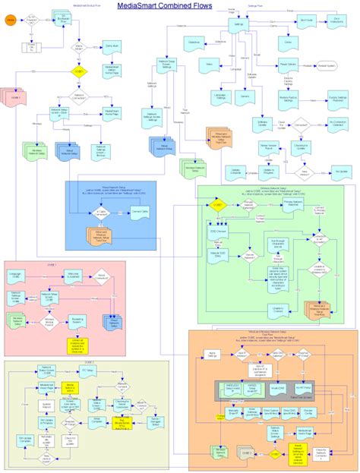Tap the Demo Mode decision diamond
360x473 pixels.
click(78, 52)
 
